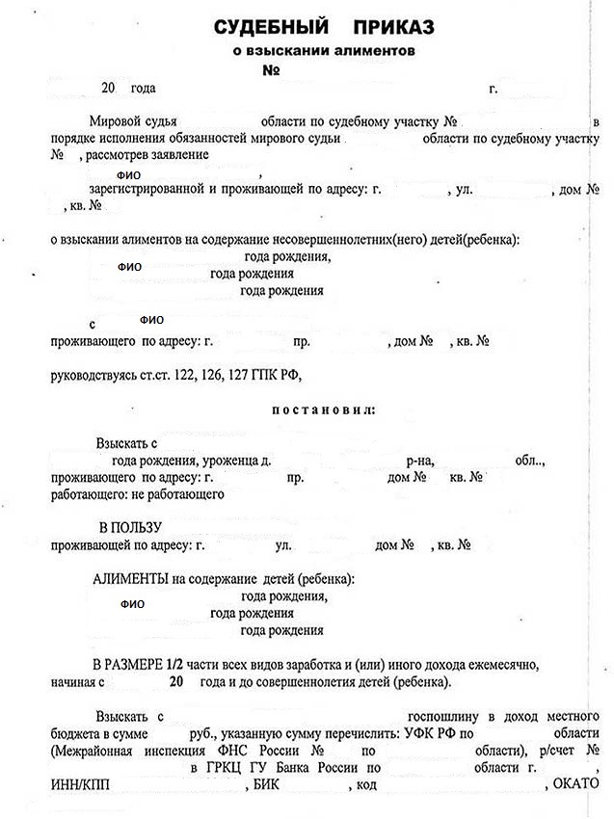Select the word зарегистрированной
point(145,190)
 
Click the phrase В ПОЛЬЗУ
point(132,528)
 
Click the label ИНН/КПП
point(79,784)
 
